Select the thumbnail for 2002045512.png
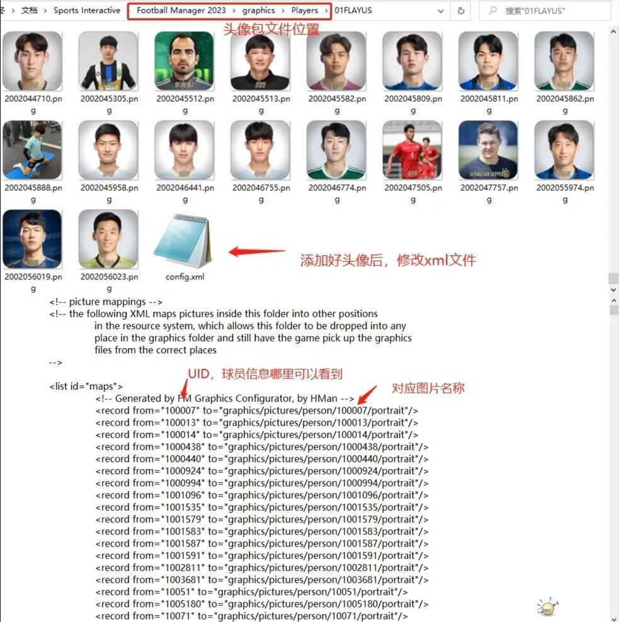point(185,61)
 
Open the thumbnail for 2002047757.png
point(489,150)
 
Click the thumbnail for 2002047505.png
point(412,150)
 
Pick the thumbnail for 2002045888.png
point(32,150)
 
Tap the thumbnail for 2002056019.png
point(32,239)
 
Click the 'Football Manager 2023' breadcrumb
point(181,11)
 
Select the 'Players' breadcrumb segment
point(305,11)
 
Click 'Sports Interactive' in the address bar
point(87,11)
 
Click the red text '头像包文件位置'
point(271,30)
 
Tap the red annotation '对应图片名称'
point(428,388)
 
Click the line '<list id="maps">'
point(86,386)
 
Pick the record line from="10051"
point(251,592)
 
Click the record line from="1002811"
point(262,568)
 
